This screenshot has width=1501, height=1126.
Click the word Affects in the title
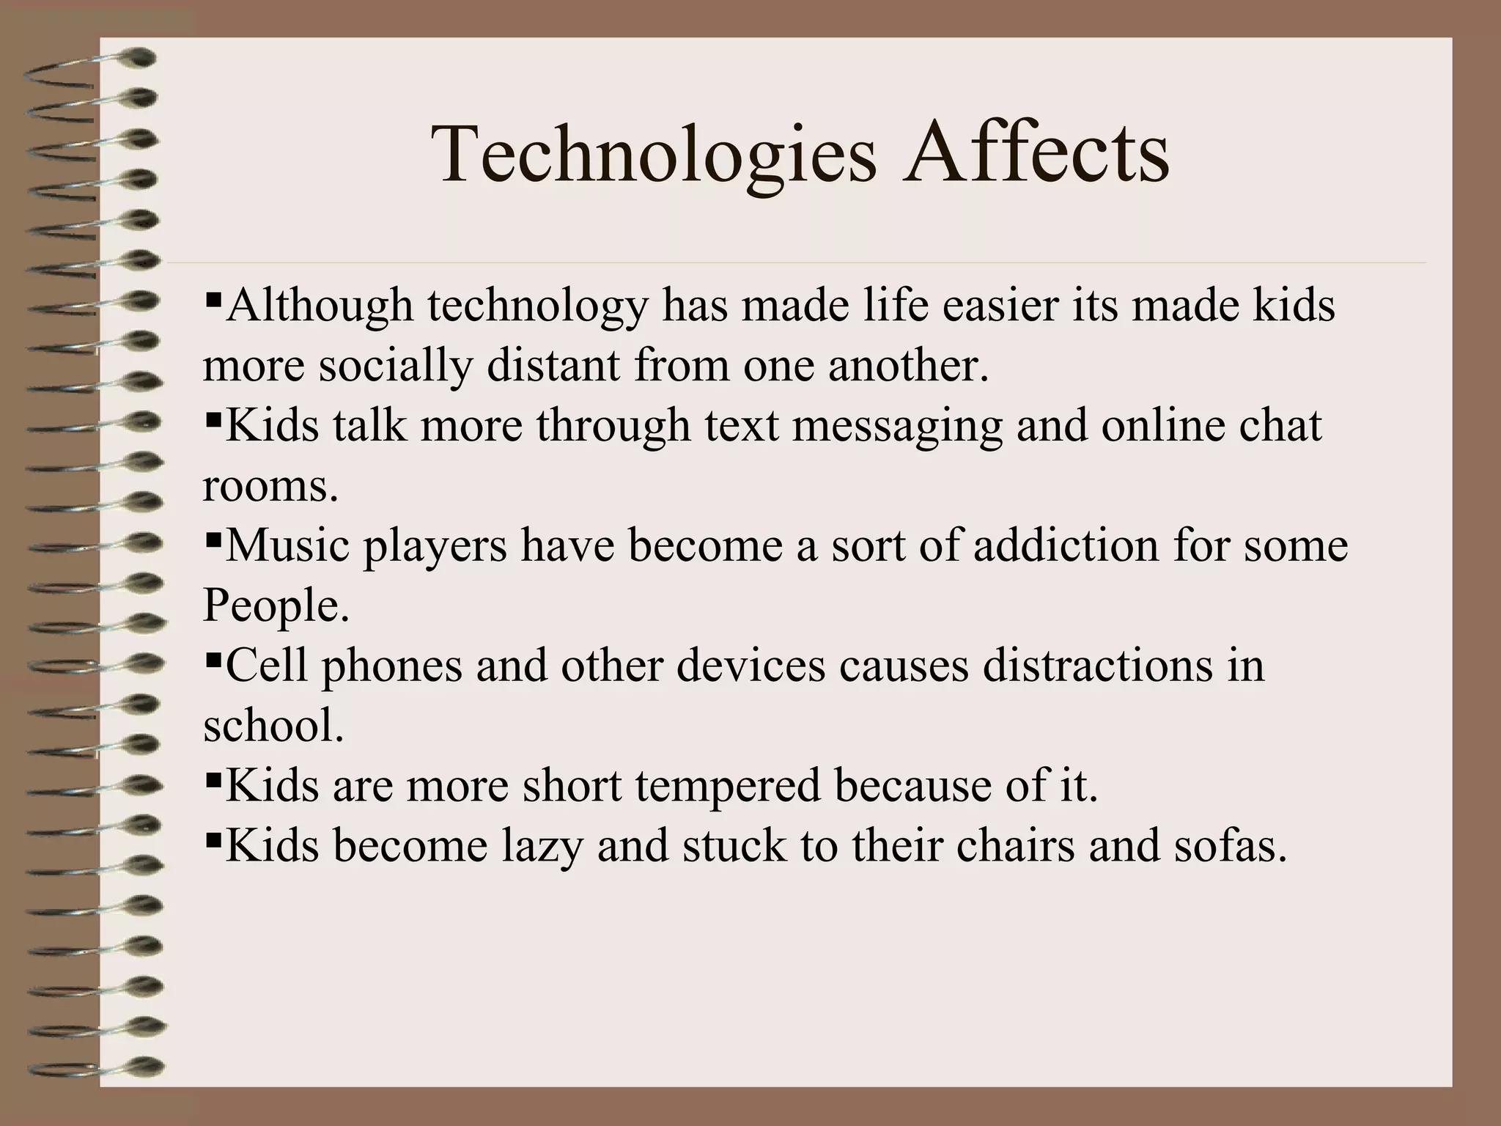[1036, 154]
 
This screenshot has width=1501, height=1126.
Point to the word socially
[395, 367]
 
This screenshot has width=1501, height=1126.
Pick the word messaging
[897, 427]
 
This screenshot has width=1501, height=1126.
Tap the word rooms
[270, 487]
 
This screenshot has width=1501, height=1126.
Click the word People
[276, 607]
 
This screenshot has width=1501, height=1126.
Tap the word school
[273, 726]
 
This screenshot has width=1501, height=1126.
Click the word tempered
[727, 787]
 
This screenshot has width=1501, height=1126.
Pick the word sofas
[1231, 846]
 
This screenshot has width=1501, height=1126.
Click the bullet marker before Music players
[214, 540]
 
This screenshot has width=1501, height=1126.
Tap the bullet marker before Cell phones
[214, 660]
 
